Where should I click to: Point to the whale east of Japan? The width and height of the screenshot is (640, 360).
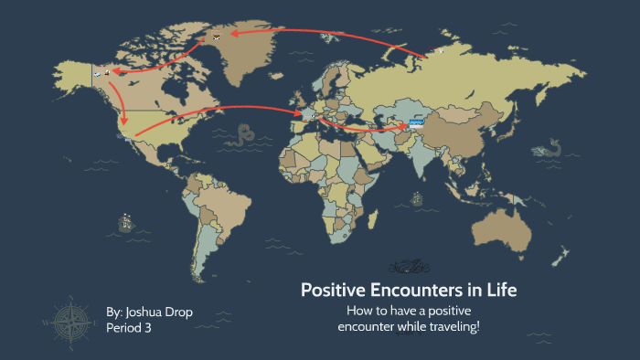pos(547,147)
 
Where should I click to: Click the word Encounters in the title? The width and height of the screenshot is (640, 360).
pos(395,291)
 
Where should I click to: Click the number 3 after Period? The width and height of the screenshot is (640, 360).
pos(147,328)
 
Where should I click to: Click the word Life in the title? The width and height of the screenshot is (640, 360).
pos(499,291)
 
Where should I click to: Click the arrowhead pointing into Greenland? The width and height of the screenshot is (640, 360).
pos(233,33)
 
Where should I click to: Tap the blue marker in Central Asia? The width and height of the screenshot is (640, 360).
pos(416,121)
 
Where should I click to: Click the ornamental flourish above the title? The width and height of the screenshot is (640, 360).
pos(409,267)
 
